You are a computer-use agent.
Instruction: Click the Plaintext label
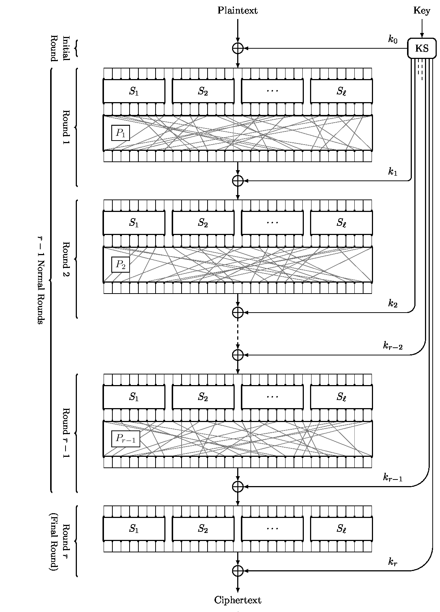tap(238, 11)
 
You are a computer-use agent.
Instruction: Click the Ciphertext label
tap(238, 600)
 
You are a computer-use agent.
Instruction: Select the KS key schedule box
tap(422, 48)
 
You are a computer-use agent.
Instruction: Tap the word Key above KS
tap(422, 11)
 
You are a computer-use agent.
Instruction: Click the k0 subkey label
tap(393, 40)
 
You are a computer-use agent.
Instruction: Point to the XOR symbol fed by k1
tap(238, 180)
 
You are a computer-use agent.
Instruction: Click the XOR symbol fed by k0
tap(238, 48)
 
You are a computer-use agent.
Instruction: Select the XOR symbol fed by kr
tap(238, 570)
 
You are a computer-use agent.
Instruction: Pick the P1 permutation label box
tap(121, 133)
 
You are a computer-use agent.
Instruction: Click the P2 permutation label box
tap(121, 265)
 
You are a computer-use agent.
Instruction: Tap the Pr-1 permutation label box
tap(126, 439)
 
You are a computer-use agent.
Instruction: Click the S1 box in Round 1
tap(134, 92)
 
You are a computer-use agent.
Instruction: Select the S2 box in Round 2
tap(203, 223)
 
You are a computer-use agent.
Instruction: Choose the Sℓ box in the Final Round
tap(342, 529)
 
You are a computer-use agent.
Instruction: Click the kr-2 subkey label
tap(393, 346)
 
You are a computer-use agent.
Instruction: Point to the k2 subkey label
tap(393, 303)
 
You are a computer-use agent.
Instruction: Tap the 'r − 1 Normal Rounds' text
tap(41, 280)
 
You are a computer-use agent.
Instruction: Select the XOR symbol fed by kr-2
tap(238, 355)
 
